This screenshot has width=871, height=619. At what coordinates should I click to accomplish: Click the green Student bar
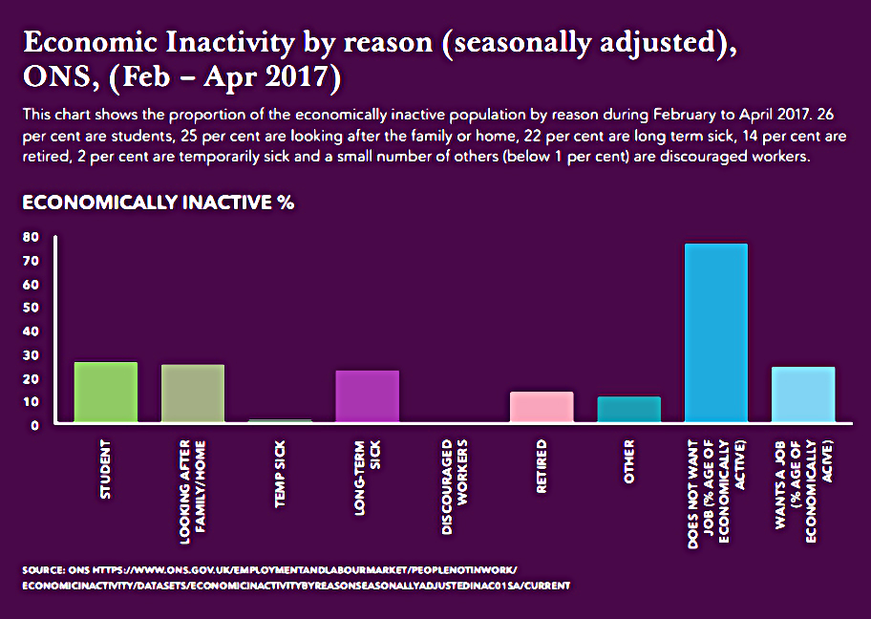pos(106,393)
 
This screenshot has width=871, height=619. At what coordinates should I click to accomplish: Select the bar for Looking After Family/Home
pos(193,394)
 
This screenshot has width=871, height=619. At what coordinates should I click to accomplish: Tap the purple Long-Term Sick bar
pos(367,396)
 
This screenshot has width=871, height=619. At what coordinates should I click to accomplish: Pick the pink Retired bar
pos(542,407)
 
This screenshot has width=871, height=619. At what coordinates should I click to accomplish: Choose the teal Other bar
pos(628,410)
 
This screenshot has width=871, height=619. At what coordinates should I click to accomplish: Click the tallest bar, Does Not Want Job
pos(716,332)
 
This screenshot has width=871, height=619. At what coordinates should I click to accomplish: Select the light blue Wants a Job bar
pos(803,395)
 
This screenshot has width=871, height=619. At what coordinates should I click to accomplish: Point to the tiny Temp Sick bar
pos(280,420)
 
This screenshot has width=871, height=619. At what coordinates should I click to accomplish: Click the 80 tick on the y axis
pos(32,237)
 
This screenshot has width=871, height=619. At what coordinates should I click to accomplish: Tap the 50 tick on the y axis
pos(32,308)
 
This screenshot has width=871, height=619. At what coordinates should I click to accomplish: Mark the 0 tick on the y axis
pos(35,426)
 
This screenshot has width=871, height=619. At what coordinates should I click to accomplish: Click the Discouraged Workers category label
pos(455,487)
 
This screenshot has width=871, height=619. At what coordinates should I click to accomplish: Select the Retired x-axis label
pos(542,466)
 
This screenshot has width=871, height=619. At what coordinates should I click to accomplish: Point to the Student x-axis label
pos(106,470)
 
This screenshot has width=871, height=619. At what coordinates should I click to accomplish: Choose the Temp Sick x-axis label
pos(280,474)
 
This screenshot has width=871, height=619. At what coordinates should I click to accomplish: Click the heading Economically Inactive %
pos(159,203)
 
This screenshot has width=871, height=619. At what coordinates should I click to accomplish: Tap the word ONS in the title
pos(56,76)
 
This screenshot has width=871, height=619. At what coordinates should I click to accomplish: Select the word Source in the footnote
pos(43,570)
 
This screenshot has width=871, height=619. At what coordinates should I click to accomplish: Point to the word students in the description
pos(140,136)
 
